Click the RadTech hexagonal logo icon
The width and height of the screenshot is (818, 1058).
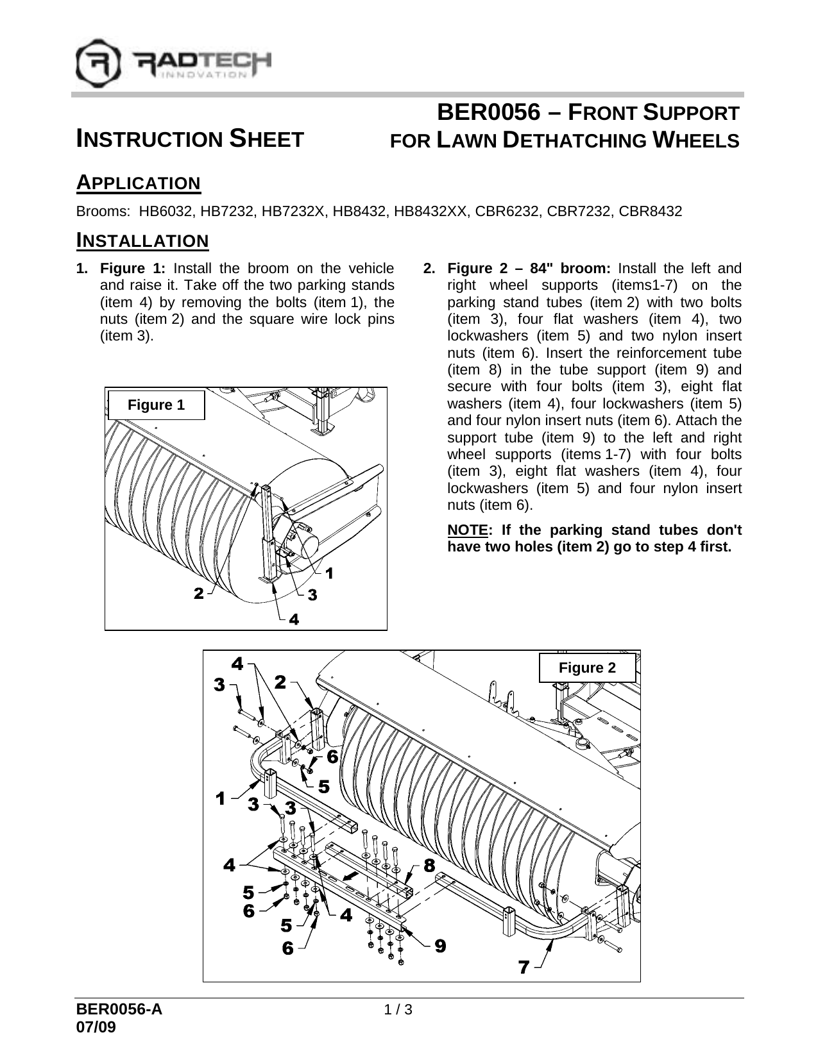click(98, 63)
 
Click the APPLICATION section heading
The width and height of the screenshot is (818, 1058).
click(139, 183)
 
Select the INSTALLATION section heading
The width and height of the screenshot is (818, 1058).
click(142, 241)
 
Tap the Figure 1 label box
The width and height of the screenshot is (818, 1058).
click(156, 405)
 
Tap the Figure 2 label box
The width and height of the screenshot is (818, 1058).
click(587, 668)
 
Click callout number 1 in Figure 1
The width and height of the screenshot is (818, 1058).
click(329, 573)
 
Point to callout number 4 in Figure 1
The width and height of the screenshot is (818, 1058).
click(293, 619)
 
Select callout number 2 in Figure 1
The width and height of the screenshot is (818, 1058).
click(200, 594)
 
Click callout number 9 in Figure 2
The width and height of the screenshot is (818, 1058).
click(439, 945)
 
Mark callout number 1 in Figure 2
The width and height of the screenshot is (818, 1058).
click(221, 798)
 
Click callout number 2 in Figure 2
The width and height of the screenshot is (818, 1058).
click(280, 682)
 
